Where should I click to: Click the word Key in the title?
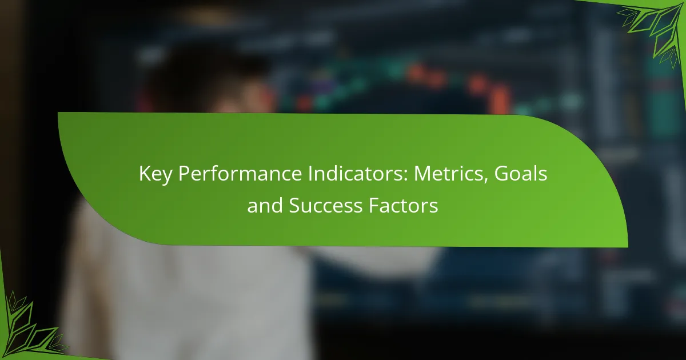click(155, 174)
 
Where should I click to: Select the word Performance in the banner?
click(241, 174)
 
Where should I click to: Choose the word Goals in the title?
click(520, 173)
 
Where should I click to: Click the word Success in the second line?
click(325, 205)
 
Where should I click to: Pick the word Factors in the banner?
click(404, 205)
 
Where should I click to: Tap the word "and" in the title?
click(265, 205)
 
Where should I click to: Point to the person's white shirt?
click(184, 294)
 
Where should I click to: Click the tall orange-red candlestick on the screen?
click(500, 98)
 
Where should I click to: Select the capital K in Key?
click(145, 174)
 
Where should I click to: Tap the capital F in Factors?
click(374, 205)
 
